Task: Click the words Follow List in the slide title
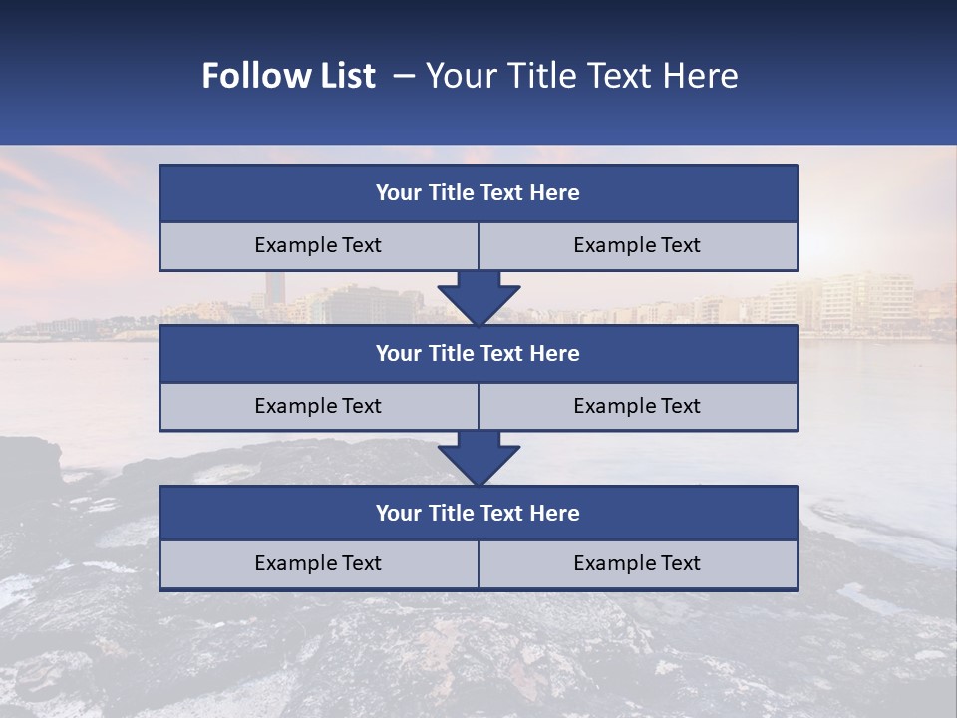(288, 76)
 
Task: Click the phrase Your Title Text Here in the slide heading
(581, 76)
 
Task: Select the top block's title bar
(478, 193)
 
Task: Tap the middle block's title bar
(478, 353)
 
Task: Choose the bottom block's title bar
(478, 513)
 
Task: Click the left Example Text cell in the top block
(318, 245)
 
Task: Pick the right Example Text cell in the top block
(638, 245)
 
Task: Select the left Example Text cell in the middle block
(318, 406)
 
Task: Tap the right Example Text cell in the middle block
(638, 406)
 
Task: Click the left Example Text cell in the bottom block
(318, 563)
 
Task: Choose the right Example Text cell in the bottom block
(638, 563)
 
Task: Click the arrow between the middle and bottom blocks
(478, 458)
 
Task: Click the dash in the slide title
(404, 76)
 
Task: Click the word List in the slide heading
(346, 76)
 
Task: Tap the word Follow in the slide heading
(254, 76)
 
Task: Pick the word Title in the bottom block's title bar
(450, 513)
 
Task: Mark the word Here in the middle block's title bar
(554, 353)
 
